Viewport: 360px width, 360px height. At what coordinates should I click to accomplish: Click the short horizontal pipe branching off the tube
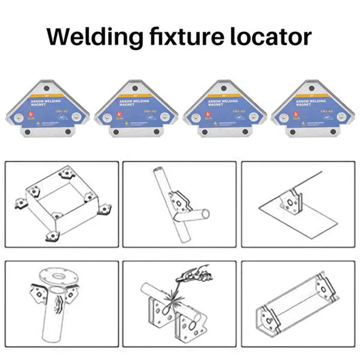click(198, 214)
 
